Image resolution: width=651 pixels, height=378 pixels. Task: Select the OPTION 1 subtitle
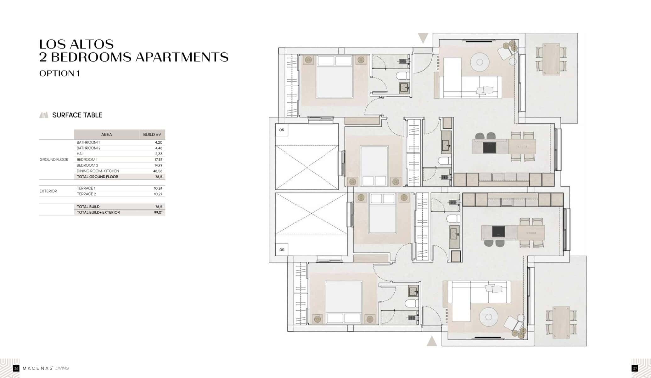coord(59,73)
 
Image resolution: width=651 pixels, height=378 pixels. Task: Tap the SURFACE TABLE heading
coord(77,115)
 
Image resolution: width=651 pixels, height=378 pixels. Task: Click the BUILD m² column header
coord(152,135)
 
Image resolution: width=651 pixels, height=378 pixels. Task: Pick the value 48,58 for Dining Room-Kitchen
coord(158,171)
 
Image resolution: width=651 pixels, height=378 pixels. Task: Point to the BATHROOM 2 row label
coord(88,148)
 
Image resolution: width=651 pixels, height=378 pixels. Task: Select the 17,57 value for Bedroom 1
coord(158,160)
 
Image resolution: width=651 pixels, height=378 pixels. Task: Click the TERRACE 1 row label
coord(86,188)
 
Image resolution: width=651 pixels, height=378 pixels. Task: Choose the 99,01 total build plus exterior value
coord(158,213)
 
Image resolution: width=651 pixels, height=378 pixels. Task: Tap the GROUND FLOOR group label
coord(54,160)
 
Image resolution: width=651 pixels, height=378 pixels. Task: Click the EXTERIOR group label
coord(48,191)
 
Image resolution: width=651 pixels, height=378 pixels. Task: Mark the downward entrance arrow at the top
coord(423,38)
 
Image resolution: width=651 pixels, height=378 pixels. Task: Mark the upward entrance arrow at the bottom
coord(432,341)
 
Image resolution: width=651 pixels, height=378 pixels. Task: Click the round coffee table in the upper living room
coord(480,62)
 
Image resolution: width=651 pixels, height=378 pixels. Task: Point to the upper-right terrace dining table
coord(551,59)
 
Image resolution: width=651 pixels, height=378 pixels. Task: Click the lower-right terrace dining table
coord(561,322)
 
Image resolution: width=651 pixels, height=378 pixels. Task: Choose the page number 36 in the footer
coord(16,368)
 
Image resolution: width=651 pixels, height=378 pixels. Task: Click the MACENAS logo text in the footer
coord(37,368)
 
